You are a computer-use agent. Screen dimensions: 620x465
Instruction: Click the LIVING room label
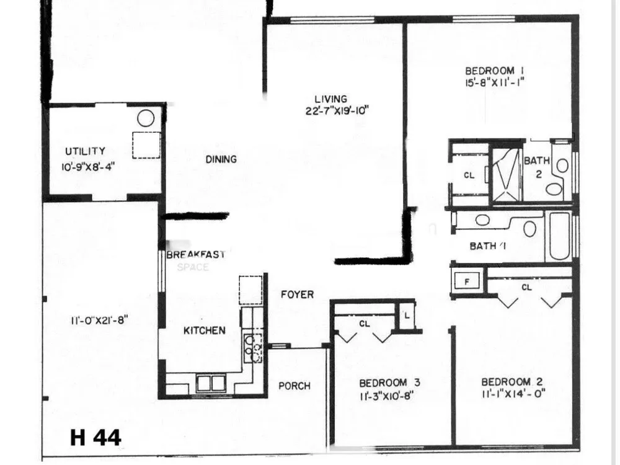[x=331, y=99]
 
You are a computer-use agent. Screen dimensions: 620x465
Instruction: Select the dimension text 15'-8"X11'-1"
[x=495, y=84]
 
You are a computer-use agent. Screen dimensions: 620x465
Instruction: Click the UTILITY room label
[x=86, y=151]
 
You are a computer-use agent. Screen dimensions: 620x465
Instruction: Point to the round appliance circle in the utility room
[x=146, y=118]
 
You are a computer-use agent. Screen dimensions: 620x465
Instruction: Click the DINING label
[x=221, y=159]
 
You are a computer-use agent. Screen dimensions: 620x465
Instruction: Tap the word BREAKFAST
[x=196, y=254]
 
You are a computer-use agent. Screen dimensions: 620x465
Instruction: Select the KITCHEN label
[x=205, y=330]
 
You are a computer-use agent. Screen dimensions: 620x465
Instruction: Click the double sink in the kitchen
[x=211, y=384]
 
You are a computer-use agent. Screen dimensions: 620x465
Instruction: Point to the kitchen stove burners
[x=253, y=348]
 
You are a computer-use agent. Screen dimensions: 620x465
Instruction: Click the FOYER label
[x=298, y=294]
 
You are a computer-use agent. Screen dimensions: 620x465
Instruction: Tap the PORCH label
[x=294, y=386]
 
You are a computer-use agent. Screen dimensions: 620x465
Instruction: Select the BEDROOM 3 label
[x=389, y=383]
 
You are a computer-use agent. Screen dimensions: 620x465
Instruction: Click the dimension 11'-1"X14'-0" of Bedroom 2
[x=513, y=394]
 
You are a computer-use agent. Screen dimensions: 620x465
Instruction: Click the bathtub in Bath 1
[x=559, y=236]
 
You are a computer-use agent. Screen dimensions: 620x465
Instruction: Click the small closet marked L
[x=407, y=316]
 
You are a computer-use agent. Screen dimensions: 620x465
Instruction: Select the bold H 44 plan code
[x=95, y=437]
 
